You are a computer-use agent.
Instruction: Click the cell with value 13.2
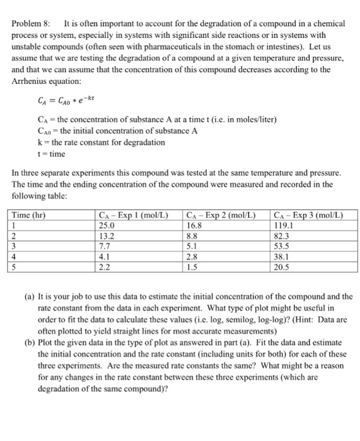[108, 235]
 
